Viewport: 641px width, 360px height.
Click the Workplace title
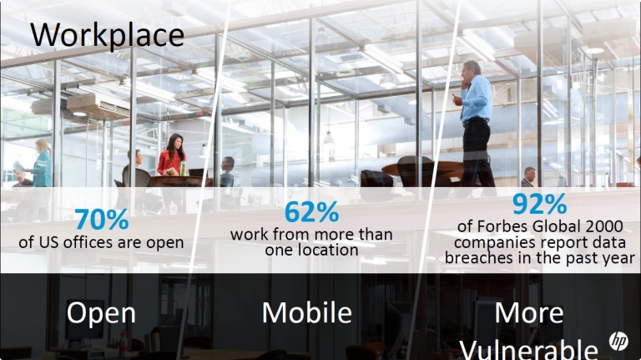[107, 36]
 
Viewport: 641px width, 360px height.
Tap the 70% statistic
[102, 220]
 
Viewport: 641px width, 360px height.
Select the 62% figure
[311, 212]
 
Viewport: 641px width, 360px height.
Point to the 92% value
[540, 204]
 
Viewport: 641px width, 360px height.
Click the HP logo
[618, 340]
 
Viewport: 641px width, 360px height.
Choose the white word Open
[101, 313]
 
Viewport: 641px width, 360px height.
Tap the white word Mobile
[307, 312]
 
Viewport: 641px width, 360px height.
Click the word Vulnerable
[529, 350]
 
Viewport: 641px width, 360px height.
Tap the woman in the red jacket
[172, 155]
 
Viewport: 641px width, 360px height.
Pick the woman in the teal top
[41, 163]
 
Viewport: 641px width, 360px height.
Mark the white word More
[529, 313]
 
